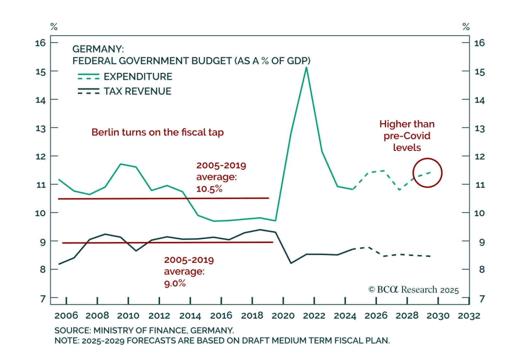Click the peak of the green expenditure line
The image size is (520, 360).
coord(306,67)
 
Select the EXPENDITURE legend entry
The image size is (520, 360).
coord(137,77)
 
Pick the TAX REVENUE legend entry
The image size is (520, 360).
coord(137,91)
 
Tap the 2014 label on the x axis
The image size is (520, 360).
coord(190,315)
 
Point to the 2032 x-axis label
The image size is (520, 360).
coord(469,315)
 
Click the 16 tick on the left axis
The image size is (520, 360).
coord(40,43)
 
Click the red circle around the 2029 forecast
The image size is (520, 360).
coord(427,159)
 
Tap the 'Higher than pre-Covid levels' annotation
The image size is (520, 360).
coord(407,136)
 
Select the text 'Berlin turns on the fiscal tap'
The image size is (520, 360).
coord(158,132)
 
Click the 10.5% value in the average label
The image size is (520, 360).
coord(209,189)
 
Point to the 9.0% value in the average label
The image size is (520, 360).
coord(175,284)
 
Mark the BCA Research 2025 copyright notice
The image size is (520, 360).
coord(413,290)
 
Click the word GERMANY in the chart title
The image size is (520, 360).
coord(97,49)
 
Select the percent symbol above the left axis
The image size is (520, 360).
coord(54,27)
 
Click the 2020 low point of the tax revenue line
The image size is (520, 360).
coord(291,263)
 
